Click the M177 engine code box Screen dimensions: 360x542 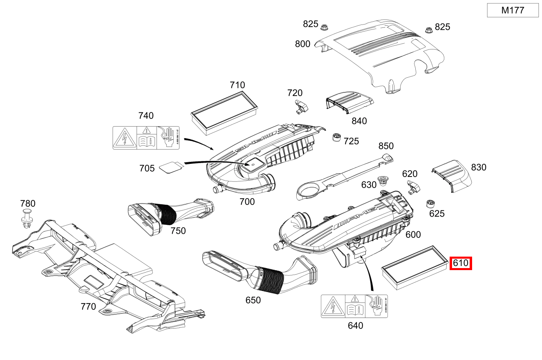513,11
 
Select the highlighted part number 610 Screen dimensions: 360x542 461,263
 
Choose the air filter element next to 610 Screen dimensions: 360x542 414,268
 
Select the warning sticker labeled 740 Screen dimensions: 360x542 146,137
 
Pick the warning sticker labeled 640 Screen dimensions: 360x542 354,306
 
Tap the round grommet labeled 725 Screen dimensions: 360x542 337,137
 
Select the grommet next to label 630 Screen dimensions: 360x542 383,180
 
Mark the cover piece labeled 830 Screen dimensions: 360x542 452,175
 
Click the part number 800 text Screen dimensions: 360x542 302,44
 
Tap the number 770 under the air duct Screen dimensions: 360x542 88,306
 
